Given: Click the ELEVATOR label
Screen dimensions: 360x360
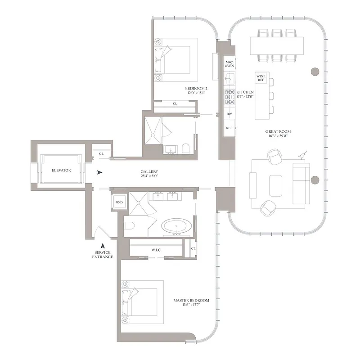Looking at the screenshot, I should [x=61, y=171].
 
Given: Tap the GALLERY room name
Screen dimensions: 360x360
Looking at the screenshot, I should [x=149, y=172].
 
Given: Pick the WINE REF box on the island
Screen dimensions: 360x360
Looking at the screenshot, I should [x=261, y=78].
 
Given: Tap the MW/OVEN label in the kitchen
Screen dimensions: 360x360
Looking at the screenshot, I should [x=229, y=63].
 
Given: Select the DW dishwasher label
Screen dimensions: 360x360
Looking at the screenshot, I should [x=229, y=114].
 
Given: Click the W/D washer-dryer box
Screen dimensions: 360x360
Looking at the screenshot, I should [x=119, y=202].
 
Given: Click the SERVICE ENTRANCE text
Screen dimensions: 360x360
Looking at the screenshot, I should [x=103, y=254].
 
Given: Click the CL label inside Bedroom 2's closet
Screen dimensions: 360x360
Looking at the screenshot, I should [x=175, y=103].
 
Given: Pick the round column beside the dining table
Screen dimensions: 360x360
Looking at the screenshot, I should [x=315, y=71].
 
